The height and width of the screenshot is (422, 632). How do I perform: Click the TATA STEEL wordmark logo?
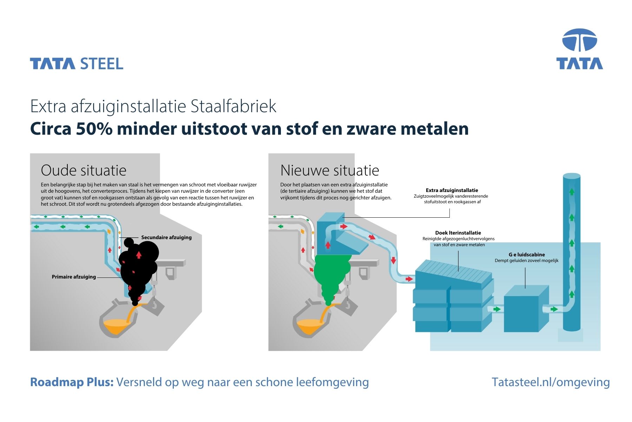(x=77, y=64)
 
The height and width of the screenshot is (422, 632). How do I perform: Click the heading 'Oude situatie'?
(x=84, y=170)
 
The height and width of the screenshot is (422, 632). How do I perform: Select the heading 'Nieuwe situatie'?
(x=330, y=170)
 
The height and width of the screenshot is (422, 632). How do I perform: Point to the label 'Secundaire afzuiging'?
(x=166, y=237)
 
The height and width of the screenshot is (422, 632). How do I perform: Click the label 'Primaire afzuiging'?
(x=74, y=277)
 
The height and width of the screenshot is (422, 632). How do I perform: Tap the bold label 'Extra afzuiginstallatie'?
(x=452, y=190)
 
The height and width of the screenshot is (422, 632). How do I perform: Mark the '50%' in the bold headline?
(x=94, y=129)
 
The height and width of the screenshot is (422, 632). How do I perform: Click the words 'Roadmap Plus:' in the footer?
(x=72, y=382)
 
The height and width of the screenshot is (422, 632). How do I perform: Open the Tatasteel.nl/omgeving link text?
(x=551, y=382)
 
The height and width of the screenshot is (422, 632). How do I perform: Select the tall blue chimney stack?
(x=572, y=253)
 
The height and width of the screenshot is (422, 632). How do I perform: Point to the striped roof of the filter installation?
(x=455, y=271)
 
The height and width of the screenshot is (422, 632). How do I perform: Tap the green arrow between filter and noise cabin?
(x=496, y=309)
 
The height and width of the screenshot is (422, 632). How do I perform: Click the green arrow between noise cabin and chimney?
(x=554, y=309)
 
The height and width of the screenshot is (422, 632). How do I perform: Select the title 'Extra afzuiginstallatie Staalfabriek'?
(x=153, y=106)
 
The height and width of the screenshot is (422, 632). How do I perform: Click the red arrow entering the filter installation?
(x=409, y=279)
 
